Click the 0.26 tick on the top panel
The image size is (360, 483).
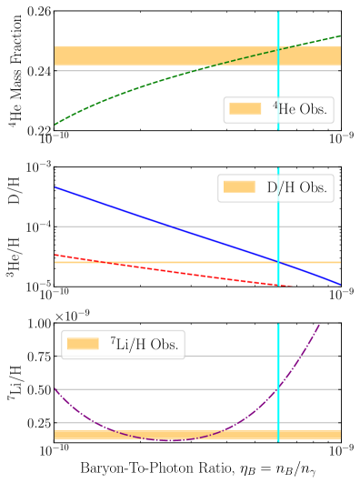(x=37, y=12)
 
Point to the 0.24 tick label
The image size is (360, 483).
(x=37, y=69)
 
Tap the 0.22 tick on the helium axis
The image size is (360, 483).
(x=37, y=128)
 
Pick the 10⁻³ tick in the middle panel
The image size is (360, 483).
(x=35, y=167)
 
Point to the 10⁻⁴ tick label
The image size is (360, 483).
(x=35, y=226)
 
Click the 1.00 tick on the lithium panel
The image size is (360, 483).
(x=37, y=324)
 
